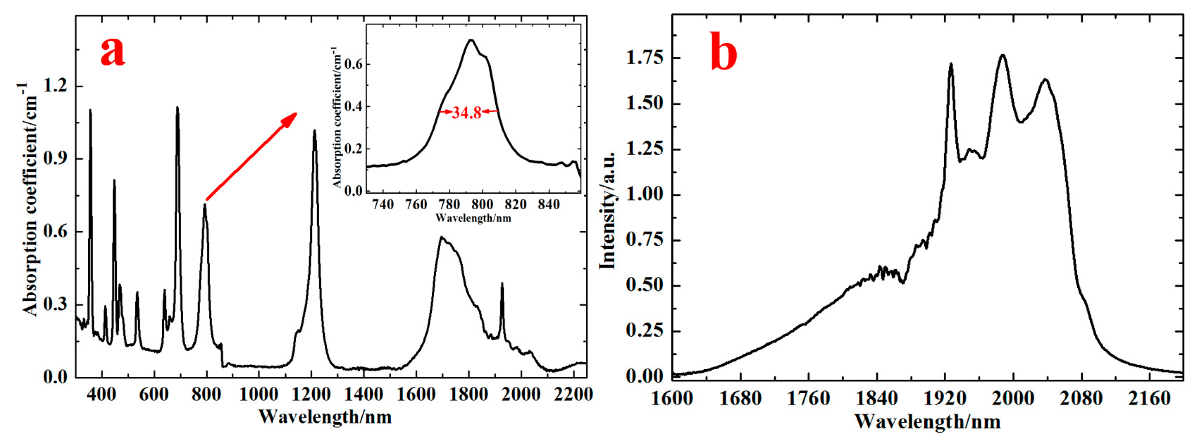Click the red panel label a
point(113,51)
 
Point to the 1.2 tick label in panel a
point(55,87)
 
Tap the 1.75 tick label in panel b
point(645,58)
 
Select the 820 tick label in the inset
point(516,205)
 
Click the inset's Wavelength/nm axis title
point(473,218)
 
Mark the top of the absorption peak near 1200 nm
point(315,131)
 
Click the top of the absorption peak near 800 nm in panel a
point(205,205)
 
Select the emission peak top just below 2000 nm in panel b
point(1002,68)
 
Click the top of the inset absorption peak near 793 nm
point(471,40)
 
